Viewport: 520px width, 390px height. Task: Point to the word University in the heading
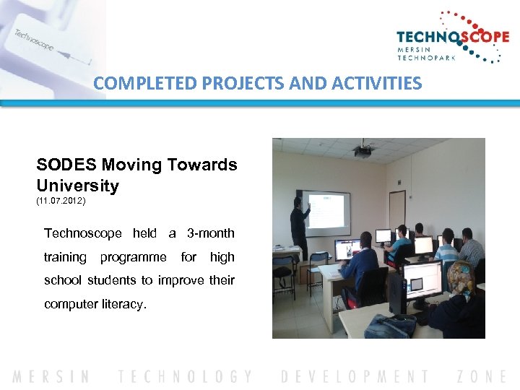coord(78,186)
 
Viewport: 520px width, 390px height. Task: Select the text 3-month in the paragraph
coord(210,233)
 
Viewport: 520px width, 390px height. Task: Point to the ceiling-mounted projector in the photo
coord(363,151)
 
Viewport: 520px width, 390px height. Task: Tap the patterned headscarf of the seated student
coord(461,277)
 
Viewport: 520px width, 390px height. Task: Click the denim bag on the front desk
coord(390,326)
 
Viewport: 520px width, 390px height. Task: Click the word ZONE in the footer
coord(482,376)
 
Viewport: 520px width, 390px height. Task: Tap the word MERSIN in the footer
coord(51,376)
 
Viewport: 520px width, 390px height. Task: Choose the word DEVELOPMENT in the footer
coord(355,376)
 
